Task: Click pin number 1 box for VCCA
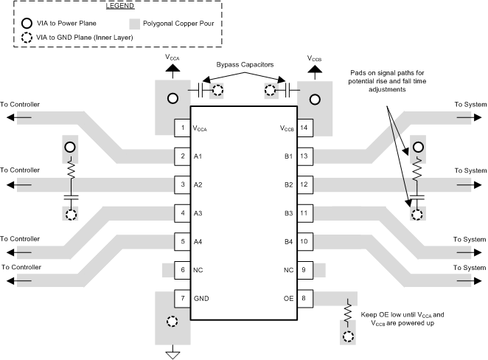coord(182,128)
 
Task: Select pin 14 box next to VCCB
coord(304,128)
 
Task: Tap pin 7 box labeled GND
coord(182,298)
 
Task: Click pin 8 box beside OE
coord(304,298)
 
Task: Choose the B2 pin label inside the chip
coord(287,184)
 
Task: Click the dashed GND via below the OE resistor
coord(346,337)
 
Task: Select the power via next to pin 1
coord(172,99)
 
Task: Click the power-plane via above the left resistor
coord(70,147)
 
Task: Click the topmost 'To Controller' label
coord(21,104)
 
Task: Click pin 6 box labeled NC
coord(182,270)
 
